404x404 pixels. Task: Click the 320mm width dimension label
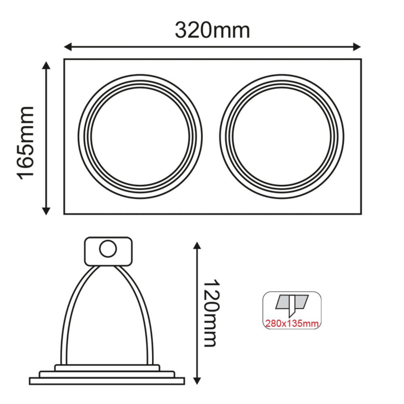click(x=213, y=30)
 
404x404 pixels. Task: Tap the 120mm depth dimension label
click(x=212, y=313)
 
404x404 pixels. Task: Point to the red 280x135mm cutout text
click(x=292, y=323)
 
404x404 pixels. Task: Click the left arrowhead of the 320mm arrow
click(x=67, y=47)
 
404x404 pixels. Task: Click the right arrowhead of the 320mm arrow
click(x=357, y=47)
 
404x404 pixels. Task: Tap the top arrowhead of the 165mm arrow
click(x=46, y=65)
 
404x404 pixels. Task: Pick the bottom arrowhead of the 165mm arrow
click(x=46, y=211)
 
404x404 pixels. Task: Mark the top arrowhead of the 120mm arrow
click(x=197, y=246)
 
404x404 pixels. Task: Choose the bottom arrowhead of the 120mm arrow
click(x=197, y=381)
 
